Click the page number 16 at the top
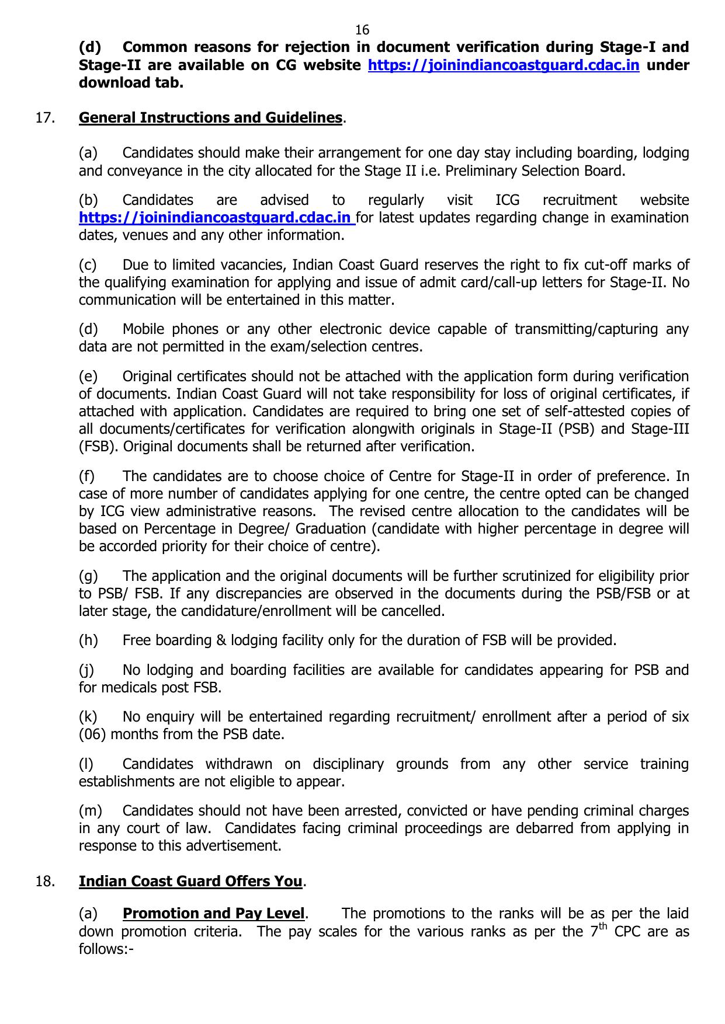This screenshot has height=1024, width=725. click(x=362, y=30)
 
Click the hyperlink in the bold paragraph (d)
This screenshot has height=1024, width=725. click(x=503, y=65)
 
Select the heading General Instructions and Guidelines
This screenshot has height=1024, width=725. click(x=210, y=117)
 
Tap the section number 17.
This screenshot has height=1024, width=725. click(x=45, y=117)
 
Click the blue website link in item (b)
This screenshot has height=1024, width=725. click(x=216, y=218)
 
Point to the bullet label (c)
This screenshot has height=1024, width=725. click(x=88, y=265)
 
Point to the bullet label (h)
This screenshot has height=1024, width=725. click(x=88, y=640)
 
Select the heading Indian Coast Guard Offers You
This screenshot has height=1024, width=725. click(x=190, y=881)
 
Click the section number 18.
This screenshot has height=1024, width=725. click(x=45, y=881)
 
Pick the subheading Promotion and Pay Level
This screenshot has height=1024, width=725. click(x=214, y=913)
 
